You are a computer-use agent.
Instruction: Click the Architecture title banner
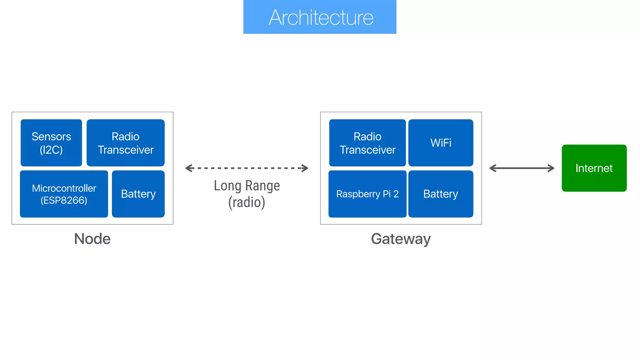320,17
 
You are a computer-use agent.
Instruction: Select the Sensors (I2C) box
51,143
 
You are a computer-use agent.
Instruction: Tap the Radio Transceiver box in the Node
126,143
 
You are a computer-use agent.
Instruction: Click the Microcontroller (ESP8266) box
64,194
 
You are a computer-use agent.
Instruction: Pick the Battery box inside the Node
138,194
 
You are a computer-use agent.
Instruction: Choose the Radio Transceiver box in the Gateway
367,143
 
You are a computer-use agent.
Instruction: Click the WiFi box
441,143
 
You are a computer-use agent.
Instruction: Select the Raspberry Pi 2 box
367,194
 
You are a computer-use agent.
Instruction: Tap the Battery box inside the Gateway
441,194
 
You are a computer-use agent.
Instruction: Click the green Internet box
594,168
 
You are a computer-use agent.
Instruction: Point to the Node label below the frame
92,239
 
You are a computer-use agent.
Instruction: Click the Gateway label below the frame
401,239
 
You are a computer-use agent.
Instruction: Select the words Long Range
247,186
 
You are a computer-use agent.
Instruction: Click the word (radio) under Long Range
247,202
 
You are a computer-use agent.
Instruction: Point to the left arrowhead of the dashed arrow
188,168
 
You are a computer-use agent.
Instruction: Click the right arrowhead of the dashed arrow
305,168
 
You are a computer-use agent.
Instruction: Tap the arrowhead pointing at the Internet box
551,168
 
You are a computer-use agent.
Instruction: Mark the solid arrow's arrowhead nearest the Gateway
492,168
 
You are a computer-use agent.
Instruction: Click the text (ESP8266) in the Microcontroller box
64,200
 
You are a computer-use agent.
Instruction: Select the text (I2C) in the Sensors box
51,150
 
